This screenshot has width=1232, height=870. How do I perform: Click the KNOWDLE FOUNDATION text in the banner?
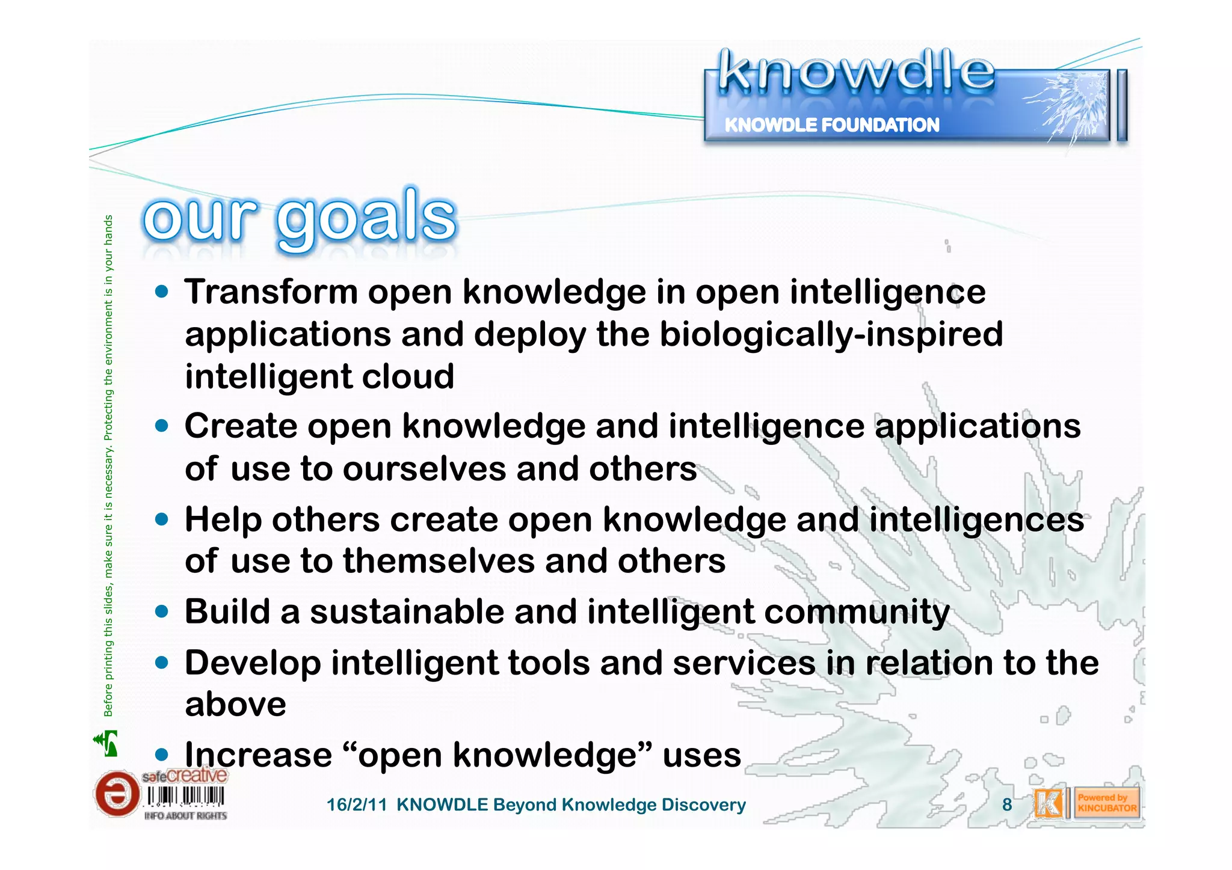tap(831, 125)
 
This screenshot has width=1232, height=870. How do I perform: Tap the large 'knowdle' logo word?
tap(855, 72)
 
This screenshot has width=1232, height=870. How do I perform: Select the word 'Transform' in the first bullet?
tap(271, 292)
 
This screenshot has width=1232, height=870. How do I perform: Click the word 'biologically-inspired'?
tap(831, 335)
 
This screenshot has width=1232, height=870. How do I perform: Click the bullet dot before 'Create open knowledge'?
tap(161, 426)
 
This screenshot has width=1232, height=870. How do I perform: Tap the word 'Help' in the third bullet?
tap(223, 520)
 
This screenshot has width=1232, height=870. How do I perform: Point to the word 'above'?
tap(235, 705)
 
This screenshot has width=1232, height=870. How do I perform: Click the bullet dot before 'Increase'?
tap(161, 755)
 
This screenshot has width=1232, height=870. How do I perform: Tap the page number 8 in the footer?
tap(1006, 804)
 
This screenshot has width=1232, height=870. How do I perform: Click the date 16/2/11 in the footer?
tap(356, 805)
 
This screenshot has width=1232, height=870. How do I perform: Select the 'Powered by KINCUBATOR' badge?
tap(1106, 803)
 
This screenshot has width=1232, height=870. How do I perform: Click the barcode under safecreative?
tap(185, 797)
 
